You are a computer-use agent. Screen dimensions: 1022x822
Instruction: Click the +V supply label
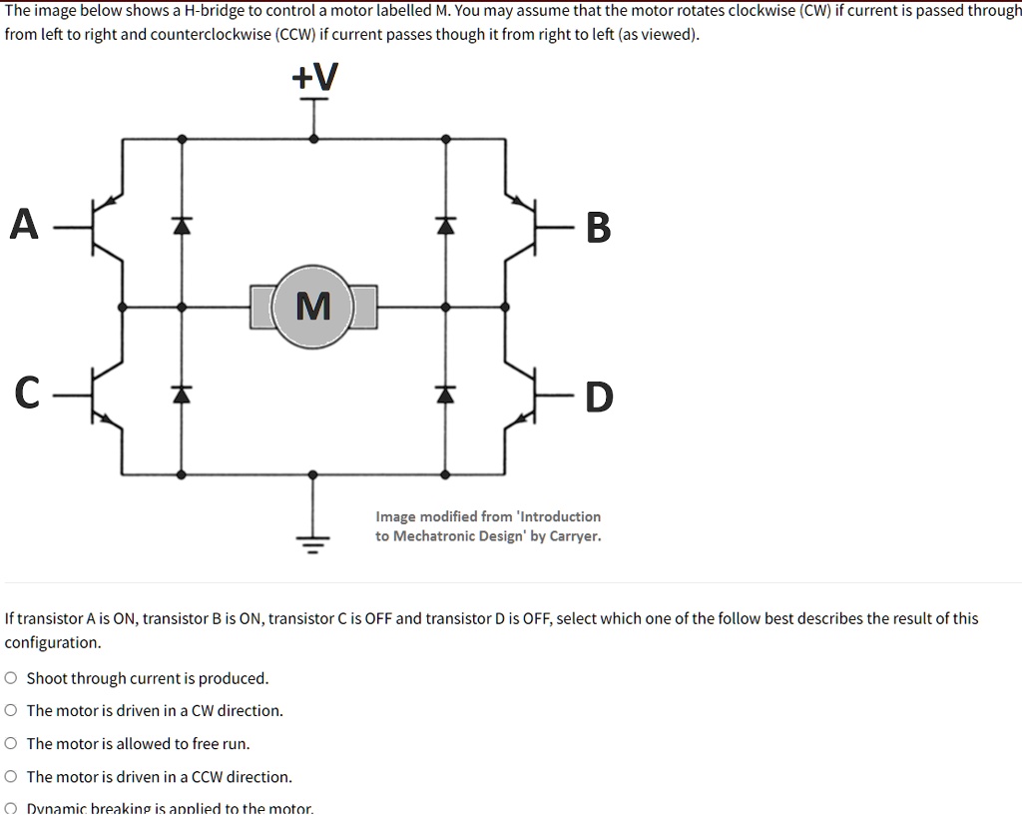pyautogui.click(x=314, y=77)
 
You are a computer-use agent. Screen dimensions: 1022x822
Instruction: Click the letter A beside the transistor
pyautogui.click(x=24, y=225)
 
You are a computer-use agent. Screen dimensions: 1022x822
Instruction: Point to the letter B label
pyautogui.click(x=597, y=228)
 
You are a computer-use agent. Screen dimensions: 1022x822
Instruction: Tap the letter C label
pyautogui.click(x=27, y=394)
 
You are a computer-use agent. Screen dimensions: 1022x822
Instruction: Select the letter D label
pyautogui.click(x=598, y=397)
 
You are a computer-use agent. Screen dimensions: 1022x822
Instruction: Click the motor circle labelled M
pyautogui.click(x=313, y=306)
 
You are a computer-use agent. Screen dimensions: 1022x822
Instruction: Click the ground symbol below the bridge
pyautogui.click(x=313, y=544)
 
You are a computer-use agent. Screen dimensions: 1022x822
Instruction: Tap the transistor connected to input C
pyautogui.click(x=108, y=396)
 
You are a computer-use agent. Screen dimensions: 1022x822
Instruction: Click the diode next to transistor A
pyautogui.click(x=181, y=226)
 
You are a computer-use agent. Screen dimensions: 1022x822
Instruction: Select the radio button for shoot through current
pyautogui.click(x=11, y=678)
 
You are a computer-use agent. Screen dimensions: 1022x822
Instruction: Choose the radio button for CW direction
pyautogui.click(x=11, y=711)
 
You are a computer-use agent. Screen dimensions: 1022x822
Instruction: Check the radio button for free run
pyautogui.click(x=11, y=744)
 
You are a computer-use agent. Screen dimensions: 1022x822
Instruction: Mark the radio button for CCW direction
pyautogui.click(x=11, y=777)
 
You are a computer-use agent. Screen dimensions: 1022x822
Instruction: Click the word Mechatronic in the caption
pyautogui.click(x=437, y=536)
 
